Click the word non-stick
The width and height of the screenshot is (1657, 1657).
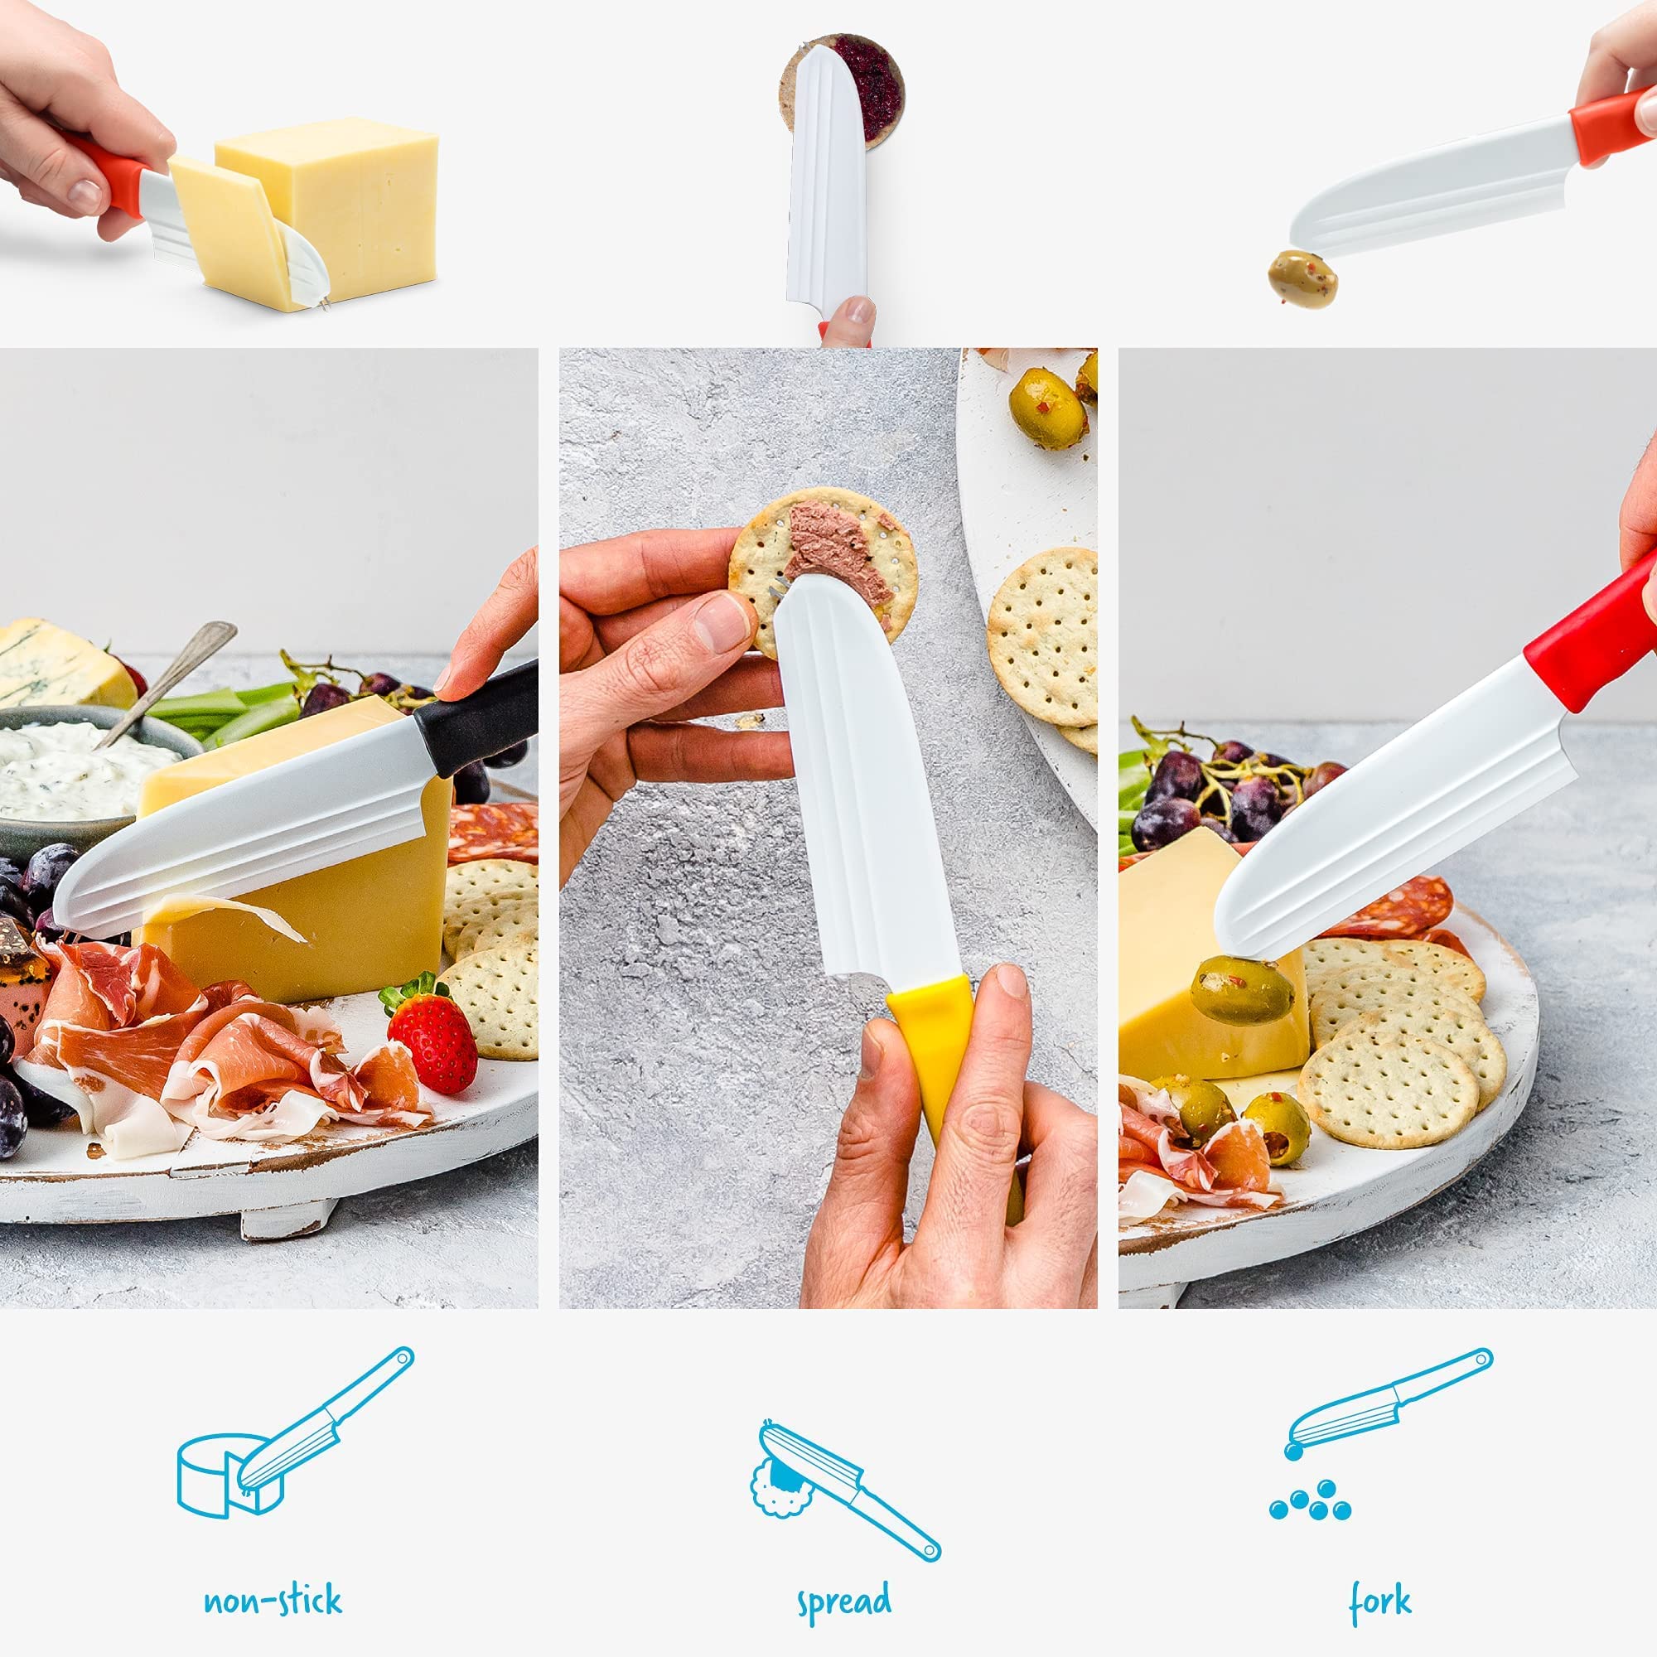273,1601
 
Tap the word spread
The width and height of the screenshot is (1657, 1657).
844,1602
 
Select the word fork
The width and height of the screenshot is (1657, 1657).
1380,1601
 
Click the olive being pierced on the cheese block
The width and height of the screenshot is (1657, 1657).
1241,991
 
